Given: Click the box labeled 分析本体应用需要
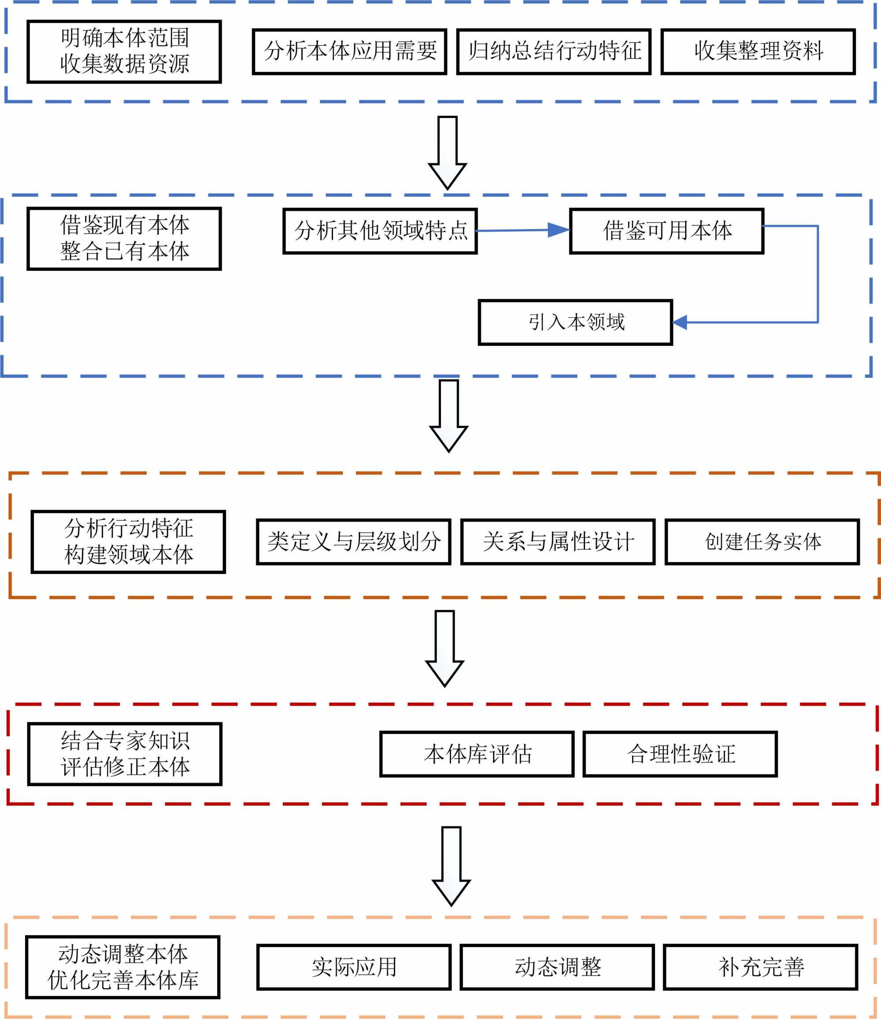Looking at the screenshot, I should coord(350,52).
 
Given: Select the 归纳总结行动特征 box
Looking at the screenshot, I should coord(554,52).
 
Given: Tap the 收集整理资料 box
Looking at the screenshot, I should coord(758,52).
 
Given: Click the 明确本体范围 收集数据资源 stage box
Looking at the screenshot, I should coord(124,52).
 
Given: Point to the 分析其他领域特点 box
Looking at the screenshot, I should coord(380,231).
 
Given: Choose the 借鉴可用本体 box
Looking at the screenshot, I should coord(666,231).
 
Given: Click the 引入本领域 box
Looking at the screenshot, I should coord(575,322).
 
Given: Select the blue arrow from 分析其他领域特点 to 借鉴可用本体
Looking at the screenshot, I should coord(521,230).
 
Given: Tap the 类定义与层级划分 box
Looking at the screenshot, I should coord(353,541).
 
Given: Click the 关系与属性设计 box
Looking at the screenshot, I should coord(558,541).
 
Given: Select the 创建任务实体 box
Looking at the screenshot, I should coord(763,541).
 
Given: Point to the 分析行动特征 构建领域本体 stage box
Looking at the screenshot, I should coord(128,541).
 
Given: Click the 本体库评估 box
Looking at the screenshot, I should coord(477,754).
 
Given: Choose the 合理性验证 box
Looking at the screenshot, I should coord(680,754).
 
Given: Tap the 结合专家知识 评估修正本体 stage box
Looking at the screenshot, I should coord(125,754).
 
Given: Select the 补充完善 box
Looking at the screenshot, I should coord(761,967).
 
